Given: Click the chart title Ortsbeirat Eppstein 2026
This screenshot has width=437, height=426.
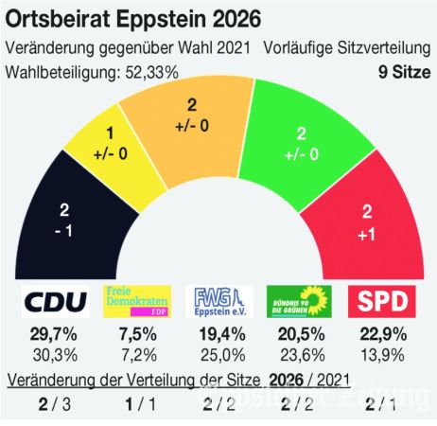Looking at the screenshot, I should coord(135,19).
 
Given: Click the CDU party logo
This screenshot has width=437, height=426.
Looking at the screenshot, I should coord(54,303).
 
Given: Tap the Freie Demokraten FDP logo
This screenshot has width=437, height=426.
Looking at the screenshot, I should coord(137,303).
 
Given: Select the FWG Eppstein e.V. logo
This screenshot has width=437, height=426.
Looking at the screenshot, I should coord(218,303).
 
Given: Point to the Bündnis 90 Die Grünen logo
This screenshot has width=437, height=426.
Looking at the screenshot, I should coord(301,303).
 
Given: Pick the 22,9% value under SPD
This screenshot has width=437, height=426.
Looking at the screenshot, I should coord(384,337).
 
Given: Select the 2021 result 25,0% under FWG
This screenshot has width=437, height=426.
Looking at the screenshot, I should coord(218,357).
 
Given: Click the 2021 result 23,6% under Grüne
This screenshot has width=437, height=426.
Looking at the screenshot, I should coord(301,357).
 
